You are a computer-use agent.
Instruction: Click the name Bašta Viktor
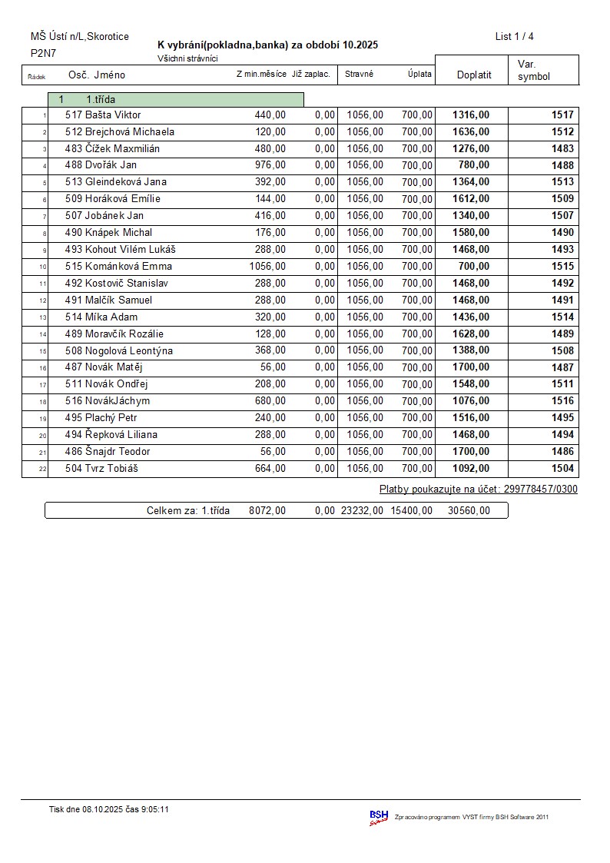tap(113, 115)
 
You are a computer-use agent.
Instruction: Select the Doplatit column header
tap(473, 75)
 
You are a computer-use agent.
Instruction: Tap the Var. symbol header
tap(534, 70)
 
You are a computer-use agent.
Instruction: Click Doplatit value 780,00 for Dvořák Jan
tap(473, 165)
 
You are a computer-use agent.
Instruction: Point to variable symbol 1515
tap(562, 267)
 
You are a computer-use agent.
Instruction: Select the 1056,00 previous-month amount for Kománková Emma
tap(267, 267)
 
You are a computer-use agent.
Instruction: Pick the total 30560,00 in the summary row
tap(468, 510)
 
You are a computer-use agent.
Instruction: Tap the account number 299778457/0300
tap(541, 490)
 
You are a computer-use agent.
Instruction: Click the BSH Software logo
tap(379, 817)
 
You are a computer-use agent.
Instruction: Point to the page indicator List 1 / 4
tap(514, 36)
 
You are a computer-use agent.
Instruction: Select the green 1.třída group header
tap(176, 99)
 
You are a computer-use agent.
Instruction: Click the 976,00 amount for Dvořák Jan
tap(270, 165)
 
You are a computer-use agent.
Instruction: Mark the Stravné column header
tap(359, 75)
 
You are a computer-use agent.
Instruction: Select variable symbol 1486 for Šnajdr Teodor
tap(562, 452)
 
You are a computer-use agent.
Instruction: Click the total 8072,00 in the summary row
tap(267, 510)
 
